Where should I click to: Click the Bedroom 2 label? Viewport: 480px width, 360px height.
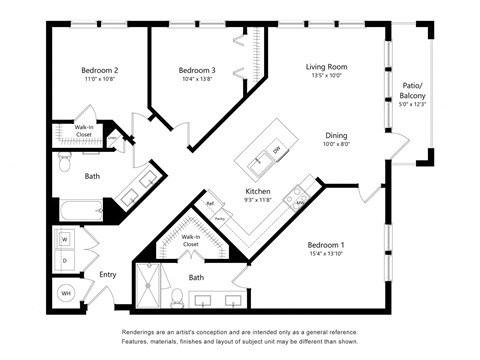(x=100, y=71)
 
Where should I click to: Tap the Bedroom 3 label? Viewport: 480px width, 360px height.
(x=197, y=71)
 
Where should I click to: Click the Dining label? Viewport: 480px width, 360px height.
(x=336, y=136)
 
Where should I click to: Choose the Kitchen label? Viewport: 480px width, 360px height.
(x=258, y=190)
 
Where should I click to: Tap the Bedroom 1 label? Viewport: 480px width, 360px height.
(x=325, y=246)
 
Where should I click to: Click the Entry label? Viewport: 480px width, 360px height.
(x=107, y=275)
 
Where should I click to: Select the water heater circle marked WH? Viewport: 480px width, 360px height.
(x=66, y=293)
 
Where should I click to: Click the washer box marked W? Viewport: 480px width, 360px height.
(x=65, y=240)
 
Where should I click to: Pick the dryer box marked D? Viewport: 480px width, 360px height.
(x=65, y=260)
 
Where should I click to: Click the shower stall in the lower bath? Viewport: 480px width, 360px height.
(x=152, y=288)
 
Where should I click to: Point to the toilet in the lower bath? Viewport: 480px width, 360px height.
(x=176, y=297)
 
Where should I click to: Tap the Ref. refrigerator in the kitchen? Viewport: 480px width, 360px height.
(x=211, y=204)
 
